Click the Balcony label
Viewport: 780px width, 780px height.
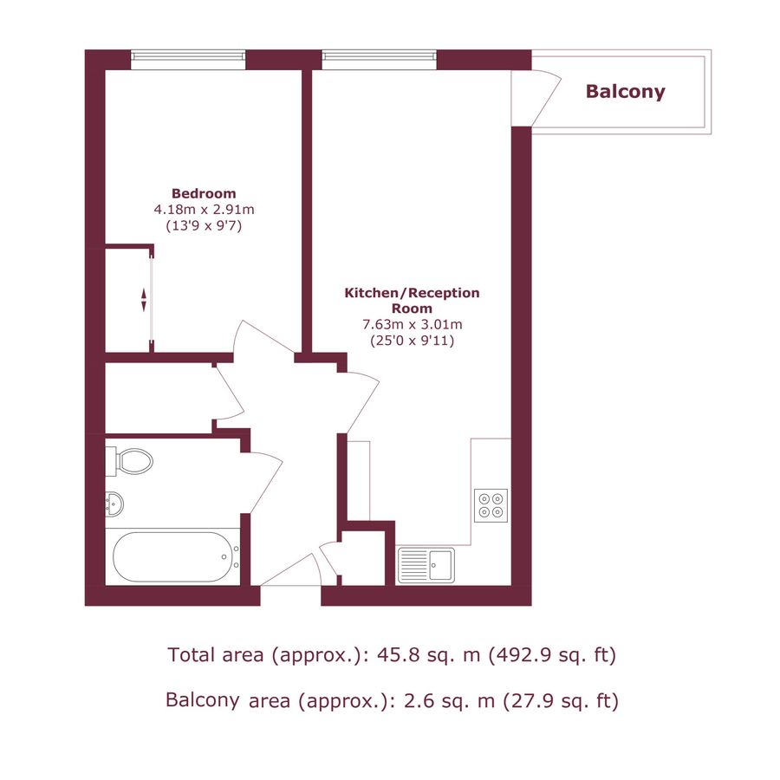625,92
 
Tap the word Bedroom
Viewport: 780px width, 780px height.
204,193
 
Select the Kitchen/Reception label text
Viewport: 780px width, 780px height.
412,301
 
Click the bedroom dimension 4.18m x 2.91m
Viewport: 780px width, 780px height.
204,209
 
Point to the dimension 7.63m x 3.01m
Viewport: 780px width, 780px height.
412,325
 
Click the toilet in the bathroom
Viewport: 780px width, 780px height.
130,461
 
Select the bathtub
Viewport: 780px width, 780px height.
172,557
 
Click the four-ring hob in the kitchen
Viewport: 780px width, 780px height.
491,504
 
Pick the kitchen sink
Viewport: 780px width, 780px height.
426,565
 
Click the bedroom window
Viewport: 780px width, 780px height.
188,58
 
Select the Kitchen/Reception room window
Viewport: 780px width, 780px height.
379,58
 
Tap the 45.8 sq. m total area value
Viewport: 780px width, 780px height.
431,655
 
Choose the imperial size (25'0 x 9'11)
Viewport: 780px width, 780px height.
412,341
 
